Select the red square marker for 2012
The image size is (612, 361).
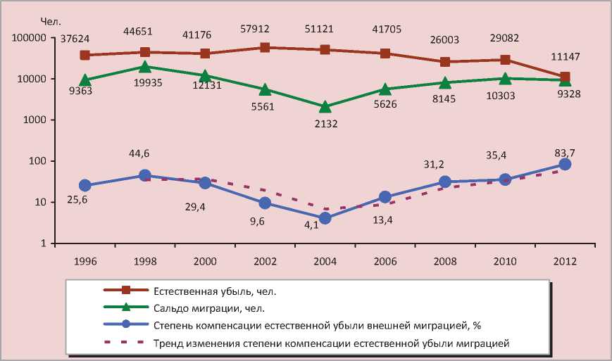tap(565, 77)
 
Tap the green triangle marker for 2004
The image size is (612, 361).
tap(325, 107)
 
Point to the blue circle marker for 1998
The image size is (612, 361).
tap(144, 175)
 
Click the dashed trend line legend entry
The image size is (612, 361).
tap(330, 343)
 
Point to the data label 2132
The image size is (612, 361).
tap(325, 124)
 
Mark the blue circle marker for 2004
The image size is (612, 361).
tap(325, 218)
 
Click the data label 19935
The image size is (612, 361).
tap(144, 82)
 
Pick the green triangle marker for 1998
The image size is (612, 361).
tap(144, 67)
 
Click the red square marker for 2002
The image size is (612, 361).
tap(265, 47)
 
